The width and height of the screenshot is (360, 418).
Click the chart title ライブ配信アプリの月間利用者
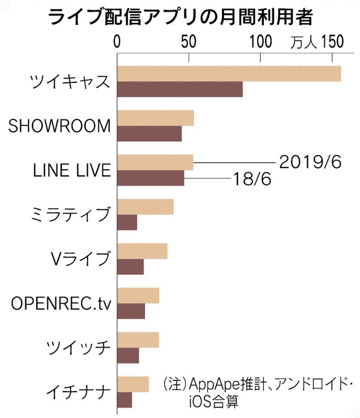pos(180,18)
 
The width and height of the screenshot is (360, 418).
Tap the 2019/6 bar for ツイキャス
pos(229,74)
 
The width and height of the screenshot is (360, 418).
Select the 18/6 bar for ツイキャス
pos(180,89)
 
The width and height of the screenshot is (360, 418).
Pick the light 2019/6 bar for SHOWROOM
pos(156,118)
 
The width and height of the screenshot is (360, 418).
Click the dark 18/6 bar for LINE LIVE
pos(151,178)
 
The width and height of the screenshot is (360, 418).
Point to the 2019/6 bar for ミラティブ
pos(146,207)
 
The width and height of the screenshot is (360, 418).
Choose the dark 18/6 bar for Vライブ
pos(131,266)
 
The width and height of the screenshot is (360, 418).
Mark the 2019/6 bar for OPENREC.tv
pos(139,296)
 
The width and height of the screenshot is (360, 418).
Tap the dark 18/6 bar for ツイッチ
pos(128,355)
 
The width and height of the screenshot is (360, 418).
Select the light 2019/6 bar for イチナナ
pos(133,384)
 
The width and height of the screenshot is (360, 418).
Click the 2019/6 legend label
pos(311,162)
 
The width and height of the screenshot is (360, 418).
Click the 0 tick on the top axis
pos(118,41)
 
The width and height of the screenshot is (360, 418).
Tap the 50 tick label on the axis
pos(189,41)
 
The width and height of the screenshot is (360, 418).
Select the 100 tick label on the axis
pos(260,41)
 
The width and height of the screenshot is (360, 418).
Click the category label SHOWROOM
pos(59,126)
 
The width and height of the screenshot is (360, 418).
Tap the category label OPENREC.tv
pos(61,303)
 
